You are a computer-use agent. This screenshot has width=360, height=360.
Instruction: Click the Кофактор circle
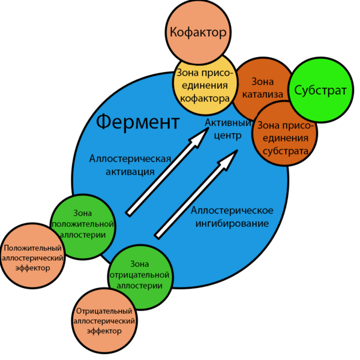[198, 32]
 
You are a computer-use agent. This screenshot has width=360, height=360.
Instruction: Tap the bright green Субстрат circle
[321, 90]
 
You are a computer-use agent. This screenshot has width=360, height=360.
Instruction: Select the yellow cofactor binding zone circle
[205, 85]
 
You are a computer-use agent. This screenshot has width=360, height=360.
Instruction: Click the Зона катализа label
[263, 88]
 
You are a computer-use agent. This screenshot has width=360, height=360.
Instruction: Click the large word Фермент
[138, 122]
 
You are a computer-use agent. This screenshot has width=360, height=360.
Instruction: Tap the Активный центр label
[228, 129]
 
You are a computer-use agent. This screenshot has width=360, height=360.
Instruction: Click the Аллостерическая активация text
[130, 165]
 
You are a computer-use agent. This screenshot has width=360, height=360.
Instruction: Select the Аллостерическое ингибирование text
[232, 217]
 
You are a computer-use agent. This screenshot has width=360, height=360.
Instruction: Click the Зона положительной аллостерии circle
[83, 227]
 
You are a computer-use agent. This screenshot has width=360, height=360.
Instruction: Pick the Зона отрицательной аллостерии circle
[140, 277]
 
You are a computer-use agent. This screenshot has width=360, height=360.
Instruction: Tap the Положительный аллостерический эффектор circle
[32, 256]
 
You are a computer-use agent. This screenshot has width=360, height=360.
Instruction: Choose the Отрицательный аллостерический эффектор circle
[104, 321]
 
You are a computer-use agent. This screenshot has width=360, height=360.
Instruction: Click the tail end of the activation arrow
[128, 214]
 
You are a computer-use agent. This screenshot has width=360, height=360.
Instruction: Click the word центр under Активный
[228, 135]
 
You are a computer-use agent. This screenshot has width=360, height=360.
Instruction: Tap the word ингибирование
[232, 223]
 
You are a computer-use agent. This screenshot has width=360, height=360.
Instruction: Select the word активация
[130, 172]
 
